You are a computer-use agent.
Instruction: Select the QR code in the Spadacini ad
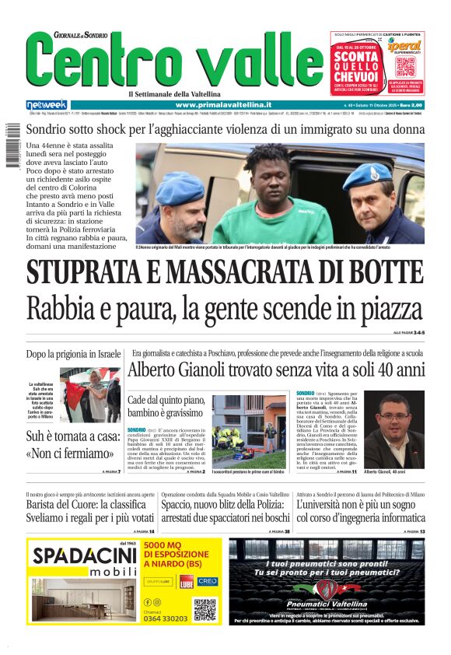(x=205, y=609)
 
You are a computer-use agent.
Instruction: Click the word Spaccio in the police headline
(x=181, y=504)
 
